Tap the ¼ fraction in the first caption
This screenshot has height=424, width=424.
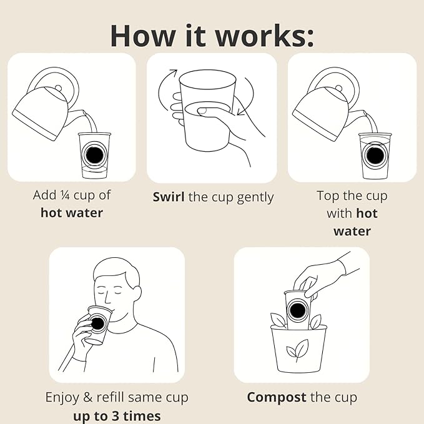(x=65, y=195)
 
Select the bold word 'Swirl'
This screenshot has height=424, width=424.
(x=169, y=197)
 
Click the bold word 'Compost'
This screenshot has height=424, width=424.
(x=277, y=398)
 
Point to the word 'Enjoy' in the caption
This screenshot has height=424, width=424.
(x=62, y=398)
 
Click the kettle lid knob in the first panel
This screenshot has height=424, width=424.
(x=58, y=88)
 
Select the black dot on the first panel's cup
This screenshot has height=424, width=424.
(x=94, y=155)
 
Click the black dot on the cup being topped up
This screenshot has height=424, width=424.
(x=375, y=155)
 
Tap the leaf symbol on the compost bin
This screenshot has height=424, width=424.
(x=297, y=350)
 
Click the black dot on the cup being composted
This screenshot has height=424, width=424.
(x=297, y=310)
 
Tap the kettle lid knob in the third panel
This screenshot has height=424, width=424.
(x=338, y=88)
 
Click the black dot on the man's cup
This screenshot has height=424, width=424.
(x=97, y=323)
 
